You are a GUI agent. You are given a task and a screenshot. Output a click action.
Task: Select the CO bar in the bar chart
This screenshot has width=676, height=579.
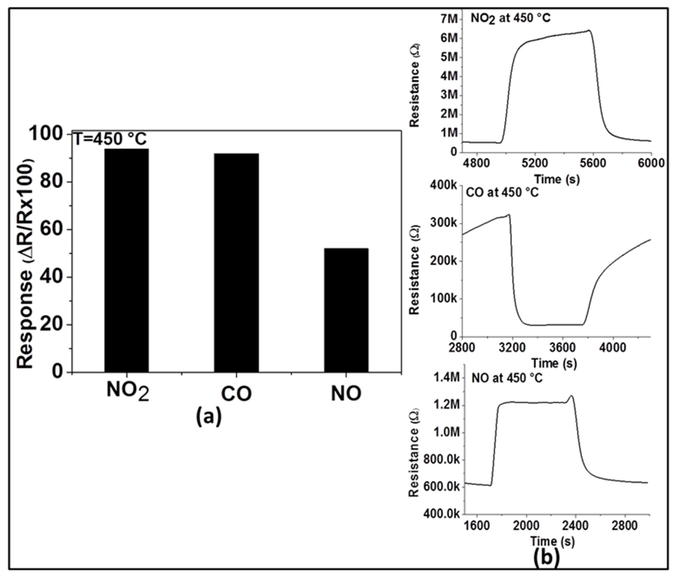click(237, 263)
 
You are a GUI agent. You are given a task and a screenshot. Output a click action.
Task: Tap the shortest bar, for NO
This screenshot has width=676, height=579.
click(346, 310)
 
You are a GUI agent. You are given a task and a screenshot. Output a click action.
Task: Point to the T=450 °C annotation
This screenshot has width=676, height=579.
click(110, 139)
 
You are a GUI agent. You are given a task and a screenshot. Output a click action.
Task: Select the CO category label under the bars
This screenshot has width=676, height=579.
click(237, 394)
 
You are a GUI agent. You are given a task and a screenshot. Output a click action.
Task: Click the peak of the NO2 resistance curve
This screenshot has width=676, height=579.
click(589, 31)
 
